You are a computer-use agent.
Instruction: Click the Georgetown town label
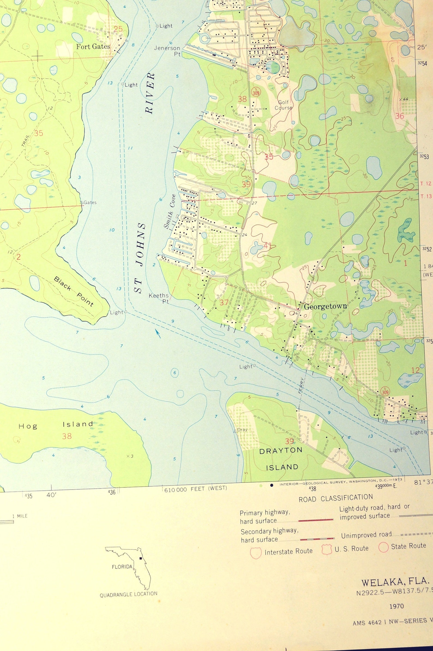[325, 306]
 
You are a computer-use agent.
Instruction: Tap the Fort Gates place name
[93, 47]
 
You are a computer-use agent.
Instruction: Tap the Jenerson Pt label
[167, 51]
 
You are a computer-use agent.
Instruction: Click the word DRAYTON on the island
[281, 450]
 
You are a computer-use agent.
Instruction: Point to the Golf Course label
[283, 105]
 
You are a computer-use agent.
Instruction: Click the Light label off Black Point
[116, 312]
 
